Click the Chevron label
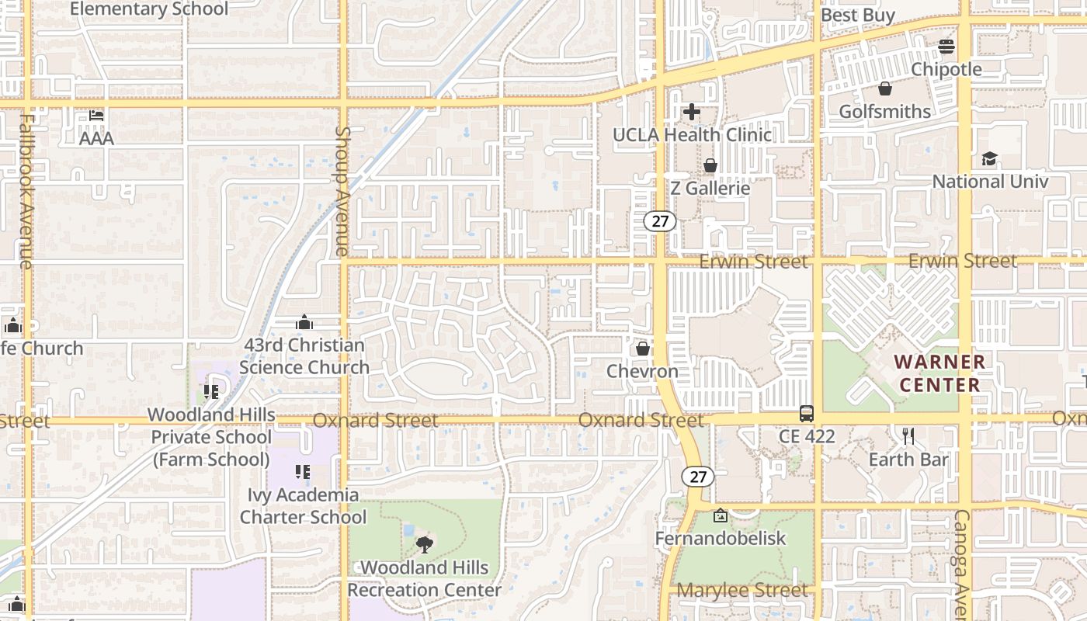[642, 371]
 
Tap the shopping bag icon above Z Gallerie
[710, 165]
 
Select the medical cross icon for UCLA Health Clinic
[691, 112]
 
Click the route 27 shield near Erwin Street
[660, 221]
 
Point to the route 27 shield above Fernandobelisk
[698, 477]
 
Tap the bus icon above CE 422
[807, 414]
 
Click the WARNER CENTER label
[939, 373]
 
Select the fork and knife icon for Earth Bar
[908, 436]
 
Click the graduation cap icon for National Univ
[989, 159]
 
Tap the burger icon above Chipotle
[946, 47]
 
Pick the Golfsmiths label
[884, 112]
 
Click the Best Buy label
[858, 15]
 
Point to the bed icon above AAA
[96, 116]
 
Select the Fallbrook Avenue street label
[26, 191]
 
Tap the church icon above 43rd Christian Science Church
[304, 322]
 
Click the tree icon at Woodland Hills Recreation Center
[424, 545]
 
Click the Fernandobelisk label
[720, 538]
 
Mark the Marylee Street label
[741, 591]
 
